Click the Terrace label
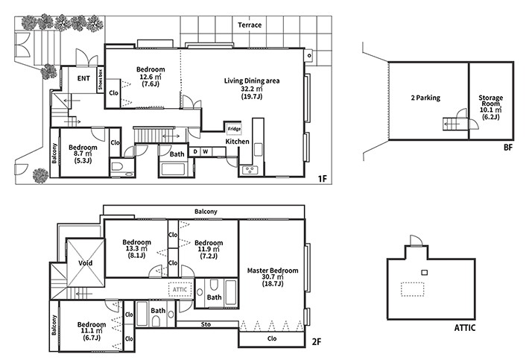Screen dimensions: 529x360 tap(250, 25)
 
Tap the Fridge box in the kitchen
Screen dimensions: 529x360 tap(234, 129)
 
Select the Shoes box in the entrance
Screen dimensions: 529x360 tap(101, 80)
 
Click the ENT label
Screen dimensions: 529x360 tap(83, 78)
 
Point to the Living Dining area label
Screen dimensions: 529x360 tap(252, 81)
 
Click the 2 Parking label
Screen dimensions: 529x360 tap(425, 98)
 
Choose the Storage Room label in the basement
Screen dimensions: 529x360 tap(490, 101)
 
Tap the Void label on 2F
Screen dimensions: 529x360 tap(85, 263)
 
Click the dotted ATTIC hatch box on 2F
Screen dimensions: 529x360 tap(180, 289)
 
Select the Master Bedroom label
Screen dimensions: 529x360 tap(273, 271)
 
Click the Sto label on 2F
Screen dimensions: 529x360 tap(206, 324)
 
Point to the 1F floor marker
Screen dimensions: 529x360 tap(323, 178)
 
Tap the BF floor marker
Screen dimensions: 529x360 tap(507, 148)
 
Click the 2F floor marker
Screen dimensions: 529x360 tap(317, 342)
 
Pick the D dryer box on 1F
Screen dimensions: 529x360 tap(195, 152)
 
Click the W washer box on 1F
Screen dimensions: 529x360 tap(206, 152)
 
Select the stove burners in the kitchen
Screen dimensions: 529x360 tap(250, 170)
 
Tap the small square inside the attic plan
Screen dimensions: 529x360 tap(425, 272)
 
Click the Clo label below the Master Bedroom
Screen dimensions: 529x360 tap(272, 338)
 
